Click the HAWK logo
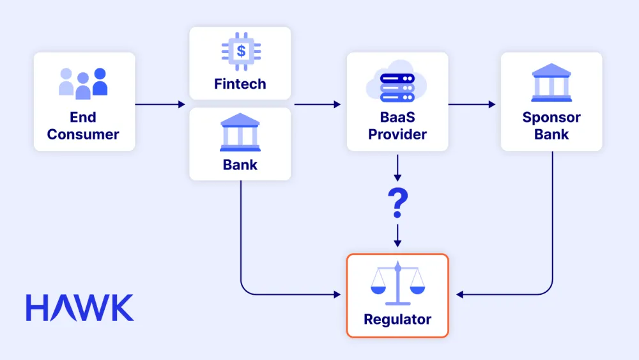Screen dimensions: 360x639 tap(80, 308)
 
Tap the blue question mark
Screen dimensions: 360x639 tap(397, 203)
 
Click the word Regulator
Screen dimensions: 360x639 tap(397, 319)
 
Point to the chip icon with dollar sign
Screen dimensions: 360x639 tap(240, 53)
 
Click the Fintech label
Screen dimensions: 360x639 tap(240, 84)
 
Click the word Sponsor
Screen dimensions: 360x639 tap(551, 118)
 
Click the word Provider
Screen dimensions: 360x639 tap(397, 134)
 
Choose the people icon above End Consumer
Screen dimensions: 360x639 tap(84, 83)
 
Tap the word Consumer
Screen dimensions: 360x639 tap(83, 134)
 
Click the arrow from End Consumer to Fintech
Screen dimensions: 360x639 tap(161, 104)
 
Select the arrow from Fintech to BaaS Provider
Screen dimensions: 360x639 tap(318, 104)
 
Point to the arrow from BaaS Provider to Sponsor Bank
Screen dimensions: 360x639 tap(473, 104)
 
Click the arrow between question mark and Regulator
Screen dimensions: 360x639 tap(397, 235)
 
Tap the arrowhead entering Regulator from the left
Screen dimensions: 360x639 tap(337, 295)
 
